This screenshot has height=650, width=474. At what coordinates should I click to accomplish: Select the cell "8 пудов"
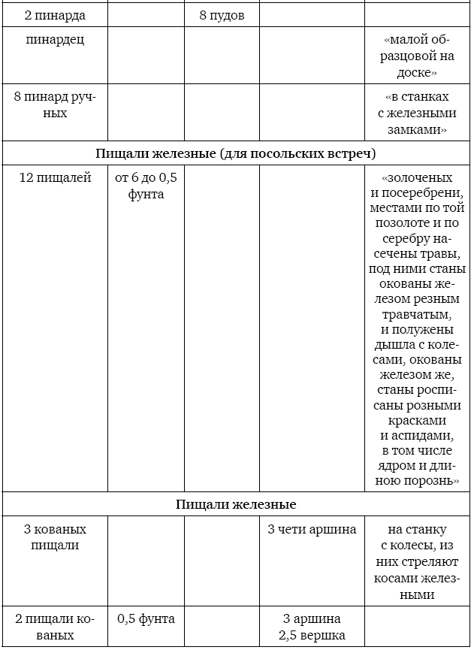tap(222, 15)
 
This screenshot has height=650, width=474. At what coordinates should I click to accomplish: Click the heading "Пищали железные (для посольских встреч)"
tap(236, 153)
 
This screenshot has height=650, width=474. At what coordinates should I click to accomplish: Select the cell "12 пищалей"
tap(56, 178)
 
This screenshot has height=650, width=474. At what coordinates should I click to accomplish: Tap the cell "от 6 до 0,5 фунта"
tap(146, 186)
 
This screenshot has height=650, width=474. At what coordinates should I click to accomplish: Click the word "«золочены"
tap(417, 178)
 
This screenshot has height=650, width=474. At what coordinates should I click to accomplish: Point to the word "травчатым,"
tap(417, 314)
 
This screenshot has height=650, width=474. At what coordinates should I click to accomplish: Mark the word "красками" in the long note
tap(417, 421)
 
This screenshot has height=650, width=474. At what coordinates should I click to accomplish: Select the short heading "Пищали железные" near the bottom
tap(236, 504)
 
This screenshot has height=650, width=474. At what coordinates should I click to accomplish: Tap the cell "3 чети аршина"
tap(312, 529)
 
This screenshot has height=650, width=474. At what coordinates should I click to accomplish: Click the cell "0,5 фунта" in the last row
tap(146, 619)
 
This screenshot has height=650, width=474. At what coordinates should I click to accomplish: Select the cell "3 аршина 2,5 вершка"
tap(312, 627)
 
